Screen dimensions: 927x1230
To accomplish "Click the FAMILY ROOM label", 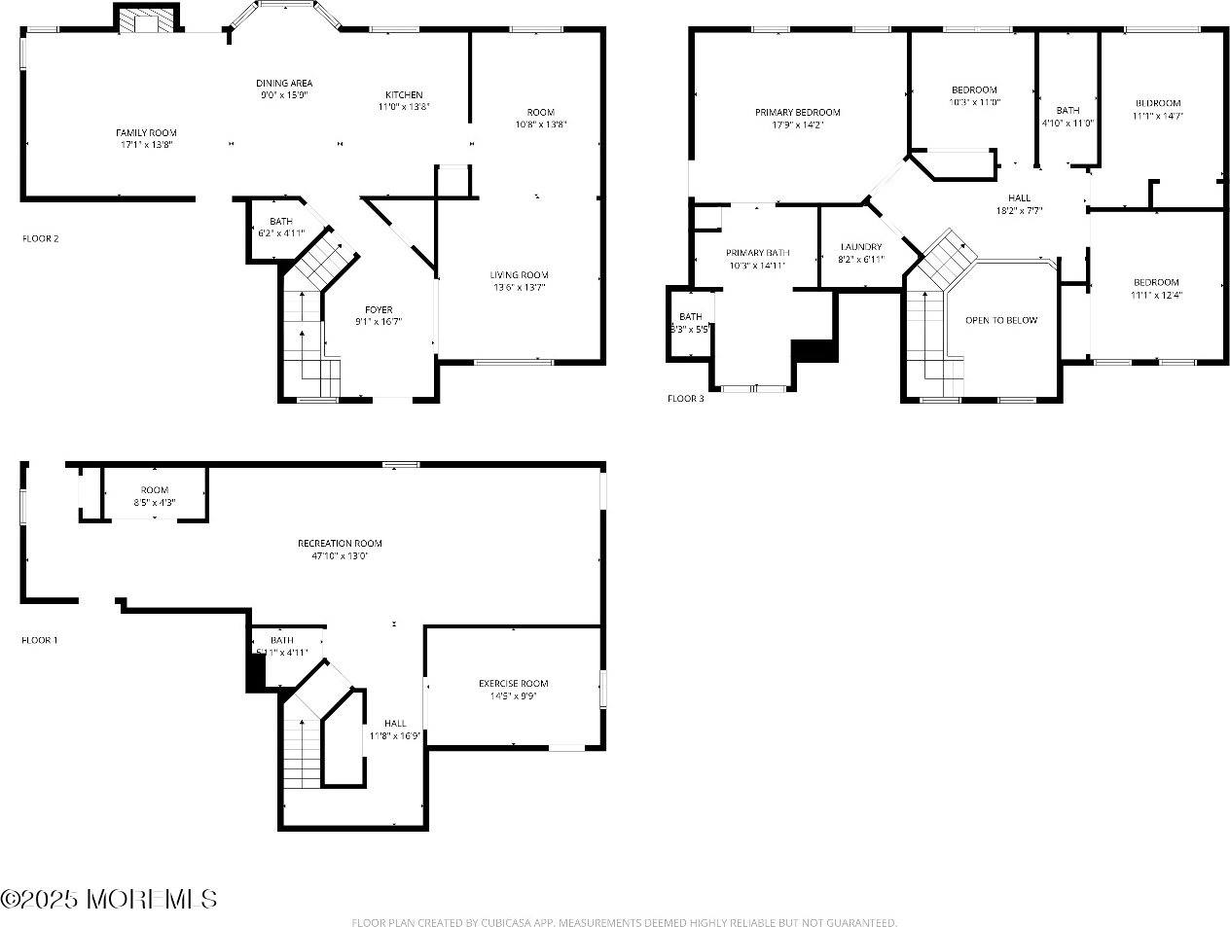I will pos(146,132).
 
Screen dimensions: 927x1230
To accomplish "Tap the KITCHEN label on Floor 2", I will pos(404,94).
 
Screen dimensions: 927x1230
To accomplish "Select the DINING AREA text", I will pos(284,83).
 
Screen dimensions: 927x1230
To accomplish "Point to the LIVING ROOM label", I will pos(519,274).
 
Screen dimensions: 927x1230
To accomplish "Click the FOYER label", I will pos(379,309).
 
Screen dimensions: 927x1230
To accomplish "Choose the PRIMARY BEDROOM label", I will pos(797,112).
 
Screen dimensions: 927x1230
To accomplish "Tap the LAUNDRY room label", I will pos(861,247).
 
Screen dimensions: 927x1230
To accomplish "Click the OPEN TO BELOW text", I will pos(1000,320).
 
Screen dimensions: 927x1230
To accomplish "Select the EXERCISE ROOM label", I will pos(513,683).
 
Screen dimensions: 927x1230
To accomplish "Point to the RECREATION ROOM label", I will pos(340,543).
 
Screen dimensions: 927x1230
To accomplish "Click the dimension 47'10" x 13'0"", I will pos(340,555).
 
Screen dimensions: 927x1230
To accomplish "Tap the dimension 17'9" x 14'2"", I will pos(797,125).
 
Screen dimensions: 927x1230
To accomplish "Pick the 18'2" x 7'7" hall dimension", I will pos(1019,210).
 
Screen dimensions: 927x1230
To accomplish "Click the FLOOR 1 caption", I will pos(40,640).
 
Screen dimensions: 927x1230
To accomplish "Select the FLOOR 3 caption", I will pos(685,398).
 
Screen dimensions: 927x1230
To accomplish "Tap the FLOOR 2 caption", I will pos(41,238).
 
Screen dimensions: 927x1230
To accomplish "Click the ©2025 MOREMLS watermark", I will pos(109,899).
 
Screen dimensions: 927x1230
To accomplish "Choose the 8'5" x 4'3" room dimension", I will pos(155,502).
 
